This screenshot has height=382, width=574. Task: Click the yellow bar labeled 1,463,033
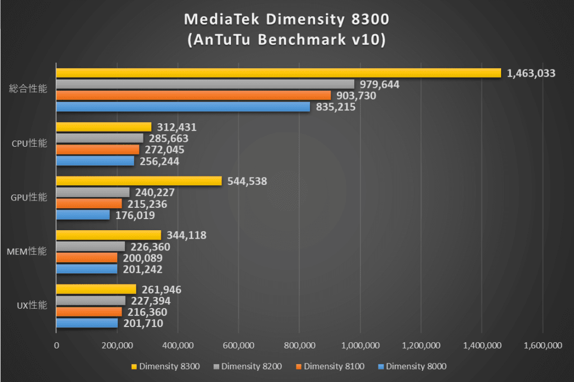[x=279, y=73]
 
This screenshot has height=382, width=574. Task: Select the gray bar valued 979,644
[x=205, y=84]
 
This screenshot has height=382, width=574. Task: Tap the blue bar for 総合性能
[x=183, y=106]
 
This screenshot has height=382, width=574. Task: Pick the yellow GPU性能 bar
[x=139, y=181]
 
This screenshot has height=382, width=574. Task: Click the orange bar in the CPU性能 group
[x=98, y=150]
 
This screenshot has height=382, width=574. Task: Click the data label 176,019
[x=136, y=215]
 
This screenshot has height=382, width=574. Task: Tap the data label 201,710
[x=143, y=323]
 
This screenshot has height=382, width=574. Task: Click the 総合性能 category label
[x=28, y=88]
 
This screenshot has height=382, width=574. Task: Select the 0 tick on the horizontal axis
[x=56, y=346]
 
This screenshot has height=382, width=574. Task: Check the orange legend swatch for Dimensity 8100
[x=299, y=367]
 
